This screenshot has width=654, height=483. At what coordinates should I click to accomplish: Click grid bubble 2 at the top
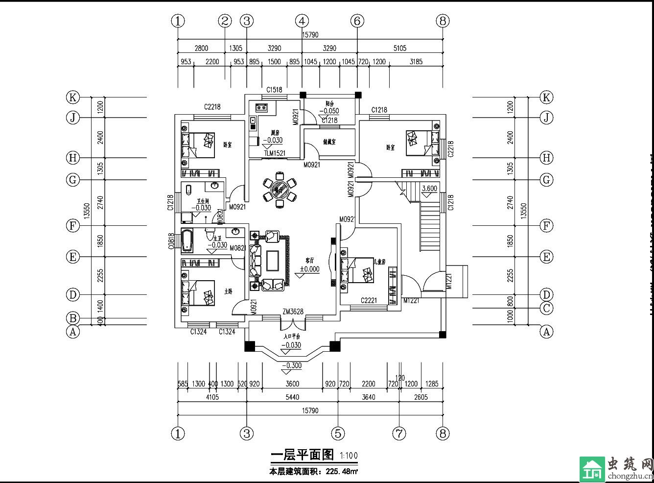[225, 21]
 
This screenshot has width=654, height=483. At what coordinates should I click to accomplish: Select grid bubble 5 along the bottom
[338, 433]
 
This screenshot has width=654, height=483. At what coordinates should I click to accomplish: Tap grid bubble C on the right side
[546, 309]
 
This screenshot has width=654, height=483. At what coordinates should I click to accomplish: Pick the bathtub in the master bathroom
[187, 241]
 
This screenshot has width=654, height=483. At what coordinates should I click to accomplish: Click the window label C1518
[274, 90]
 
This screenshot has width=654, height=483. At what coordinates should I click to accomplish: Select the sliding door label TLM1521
[275, 153]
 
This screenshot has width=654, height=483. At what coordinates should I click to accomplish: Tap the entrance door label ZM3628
[293, 312]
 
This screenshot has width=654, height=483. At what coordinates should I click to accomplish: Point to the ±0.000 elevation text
[309, 269]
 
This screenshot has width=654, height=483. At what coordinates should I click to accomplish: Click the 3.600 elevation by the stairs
[429, 189]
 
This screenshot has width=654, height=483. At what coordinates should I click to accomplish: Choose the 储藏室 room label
[329, 142]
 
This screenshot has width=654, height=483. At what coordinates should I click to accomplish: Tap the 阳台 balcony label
[329, 104]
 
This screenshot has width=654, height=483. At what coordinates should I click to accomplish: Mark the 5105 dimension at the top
[399, 48]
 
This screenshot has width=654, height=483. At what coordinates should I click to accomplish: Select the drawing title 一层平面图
[302, 455]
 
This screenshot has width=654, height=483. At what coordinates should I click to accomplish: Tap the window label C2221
[369, 300]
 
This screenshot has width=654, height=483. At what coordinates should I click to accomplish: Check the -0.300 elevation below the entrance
[292, 365]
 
